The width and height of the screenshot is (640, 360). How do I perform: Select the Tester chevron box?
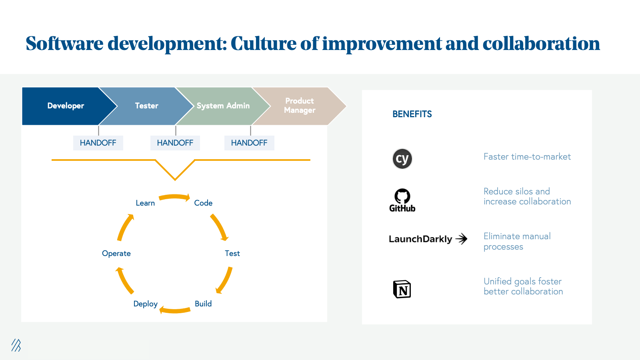[x=146, y=106]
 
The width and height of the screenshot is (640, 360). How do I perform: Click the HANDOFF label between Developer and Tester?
[x=98, y=143]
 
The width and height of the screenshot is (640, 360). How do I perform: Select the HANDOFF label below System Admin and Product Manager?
[x=249, y=143]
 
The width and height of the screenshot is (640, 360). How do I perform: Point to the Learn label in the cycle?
[x=145, y=203]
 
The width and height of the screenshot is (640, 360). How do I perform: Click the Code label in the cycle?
[x=203, y=203]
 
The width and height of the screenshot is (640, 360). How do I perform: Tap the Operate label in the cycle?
[x=116, y=254]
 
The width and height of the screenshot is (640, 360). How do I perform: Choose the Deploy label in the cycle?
[x=145, y=304]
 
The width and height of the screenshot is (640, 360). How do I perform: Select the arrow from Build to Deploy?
[x=175, y=310]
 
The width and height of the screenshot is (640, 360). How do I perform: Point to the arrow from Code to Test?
[x=219, y=227]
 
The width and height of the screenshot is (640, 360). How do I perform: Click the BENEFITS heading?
[x=412, y=114]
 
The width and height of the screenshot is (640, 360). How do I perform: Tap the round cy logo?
[x=402, y=159]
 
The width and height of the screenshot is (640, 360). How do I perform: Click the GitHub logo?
[x=402, y=200]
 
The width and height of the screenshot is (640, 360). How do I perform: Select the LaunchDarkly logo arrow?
[x=462, y=239]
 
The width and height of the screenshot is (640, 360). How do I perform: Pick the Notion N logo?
[x=402, y=289]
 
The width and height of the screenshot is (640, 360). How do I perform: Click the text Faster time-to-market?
[x=527, y=157]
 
